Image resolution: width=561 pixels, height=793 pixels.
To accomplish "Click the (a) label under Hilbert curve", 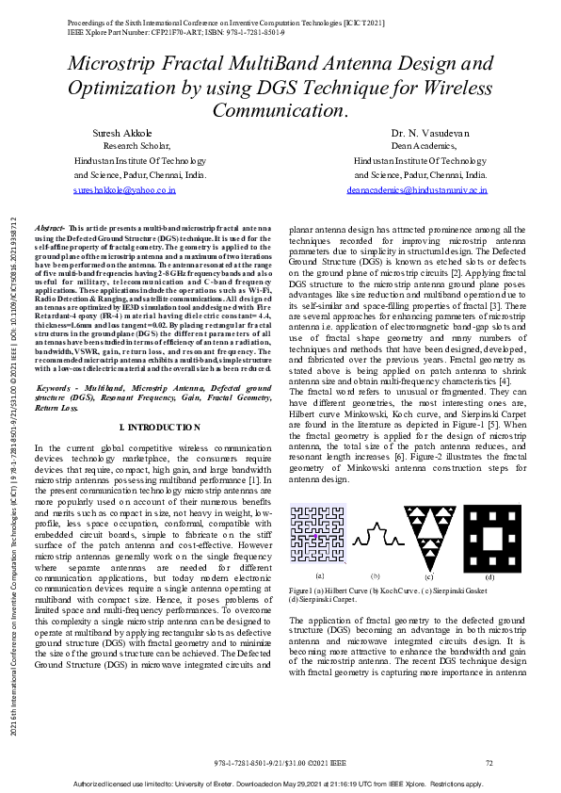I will pyautogui.click(x=320, y=575).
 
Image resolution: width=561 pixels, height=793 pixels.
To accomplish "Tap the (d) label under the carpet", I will pyautogui.click(x=489, y=575).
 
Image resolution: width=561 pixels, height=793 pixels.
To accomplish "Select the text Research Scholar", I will pyautogui.click(x=136, y=147).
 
